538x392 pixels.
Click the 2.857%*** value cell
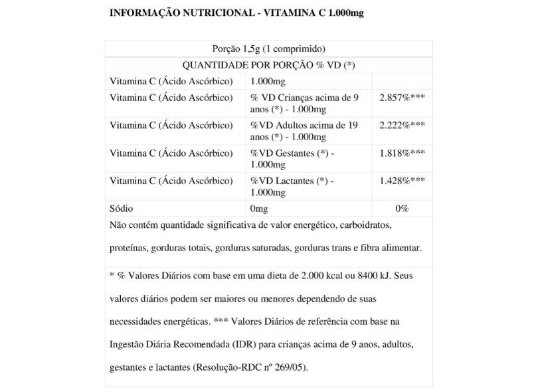coord(402,98)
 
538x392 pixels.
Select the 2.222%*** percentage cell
coord(402,125)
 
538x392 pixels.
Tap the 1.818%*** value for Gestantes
coord(402,153)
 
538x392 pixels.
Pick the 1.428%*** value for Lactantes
coord(402,181)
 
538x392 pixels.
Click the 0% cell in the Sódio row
coord(402,208)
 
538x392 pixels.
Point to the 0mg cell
coord(259,208)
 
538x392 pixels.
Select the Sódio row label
coord(121,208)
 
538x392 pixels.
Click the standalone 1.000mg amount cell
coord(268,81)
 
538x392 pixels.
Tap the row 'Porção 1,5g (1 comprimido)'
coord(268,49)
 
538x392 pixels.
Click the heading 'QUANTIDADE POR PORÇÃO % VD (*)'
coord(268,65)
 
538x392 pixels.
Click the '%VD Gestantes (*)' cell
coord(292,158)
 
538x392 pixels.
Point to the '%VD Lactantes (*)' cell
coord(292,186)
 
